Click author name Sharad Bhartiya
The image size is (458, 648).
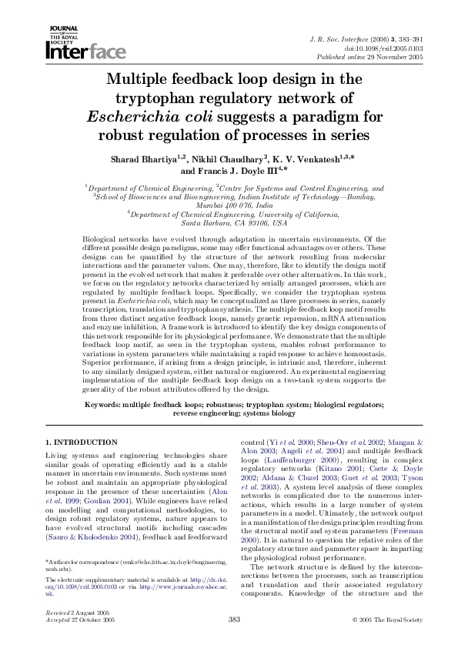(145, 159)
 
